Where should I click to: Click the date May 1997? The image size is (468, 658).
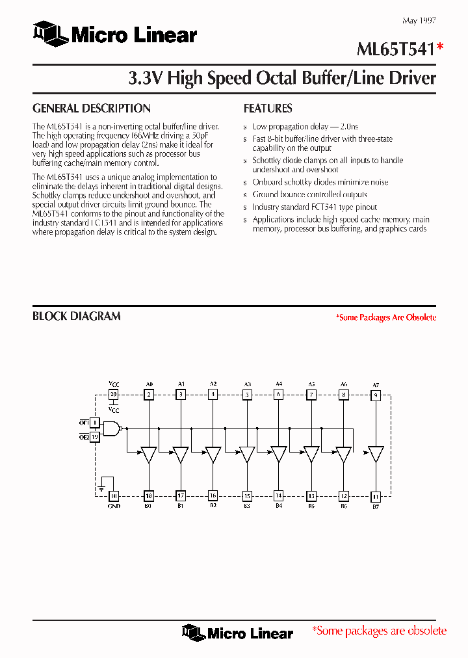click(x=419, y=21)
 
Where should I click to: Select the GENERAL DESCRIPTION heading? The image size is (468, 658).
click(x=92, y=109)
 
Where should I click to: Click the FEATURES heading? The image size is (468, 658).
click(x=268, y=109)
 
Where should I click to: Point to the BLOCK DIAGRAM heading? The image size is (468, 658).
click(x=77, y=316)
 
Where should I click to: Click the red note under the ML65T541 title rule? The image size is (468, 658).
click(x=385, y=317)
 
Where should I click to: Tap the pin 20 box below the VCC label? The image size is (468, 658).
click(x=114, y=395)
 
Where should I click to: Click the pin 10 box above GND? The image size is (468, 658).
click(x=114, y=496)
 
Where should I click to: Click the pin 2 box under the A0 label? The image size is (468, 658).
click(x=149, y=395)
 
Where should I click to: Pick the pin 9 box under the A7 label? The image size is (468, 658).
click(x=376, y=395)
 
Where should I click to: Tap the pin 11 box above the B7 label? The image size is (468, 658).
click(x=376, y=496)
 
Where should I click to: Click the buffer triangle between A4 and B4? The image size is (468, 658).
click(x=279, y=454)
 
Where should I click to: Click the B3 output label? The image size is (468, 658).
click(x=246, y=506)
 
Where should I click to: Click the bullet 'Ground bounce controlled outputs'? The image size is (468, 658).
click(x=309, y=194)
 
